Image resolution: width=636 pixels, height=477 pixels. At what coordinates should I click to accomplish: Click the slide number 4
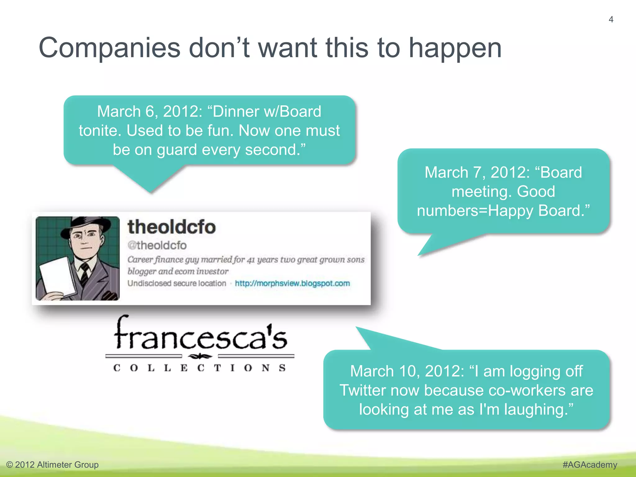point(611,20)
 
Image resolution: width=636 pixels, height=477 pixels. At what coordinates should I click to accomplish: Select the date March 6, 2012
point(149,112)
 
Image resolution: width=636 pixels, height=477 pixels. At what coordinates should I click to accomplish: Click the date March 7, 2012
point(477,173)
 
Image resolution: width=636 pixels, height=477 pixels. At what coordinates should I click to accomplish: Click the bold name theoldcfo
point(171,227)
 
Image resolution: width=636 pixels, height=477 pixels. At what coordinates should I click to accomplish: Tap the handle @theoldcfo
point(157,245)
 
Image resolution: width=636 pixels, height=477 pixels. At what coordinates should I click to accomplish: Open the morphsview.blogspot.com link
point(292,283)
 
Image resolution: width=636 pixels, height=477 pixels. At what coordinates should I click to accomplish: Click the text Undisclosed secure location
point(177,283)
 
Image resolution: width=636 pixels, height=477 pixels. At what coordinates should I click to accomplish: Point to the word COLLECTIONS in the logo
point(200,368)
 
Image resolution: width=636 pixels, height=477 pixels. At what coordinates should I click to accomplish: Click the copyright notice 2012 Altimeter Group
point(52,465)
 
